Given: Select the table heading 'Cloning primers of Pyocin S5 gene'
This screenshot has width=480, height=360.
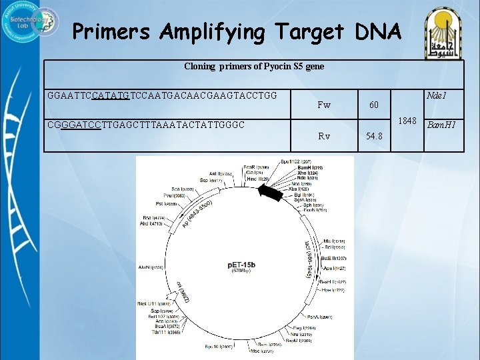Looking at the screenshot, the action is [x=253, y=67].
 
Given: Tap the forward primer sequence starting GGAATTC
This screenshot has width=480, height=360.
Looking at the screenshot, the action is [x=162, y=96].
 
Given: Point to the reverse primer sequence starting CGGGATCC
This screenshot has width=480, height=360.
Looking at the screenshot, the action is [x=145, y=125].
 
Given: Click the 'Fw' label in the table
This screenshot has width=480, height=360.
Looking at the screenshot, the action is [x=324, y=105].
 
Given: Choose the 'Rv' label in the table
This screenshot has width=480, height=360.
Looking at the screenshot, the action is [x=324, y=136].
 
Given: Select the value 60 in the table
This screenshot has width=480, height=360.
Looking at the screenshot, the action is [x=373, y=105].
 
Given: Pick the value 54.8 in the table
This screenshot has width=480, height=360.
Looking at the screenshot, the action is [x=374, y=136].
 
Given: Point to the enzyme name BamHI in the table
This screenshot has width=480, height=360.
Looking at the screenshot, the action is [x=441, y=125].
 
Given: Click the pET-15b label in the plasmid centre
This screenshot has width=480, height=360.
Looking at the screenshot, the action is [x=241, y=265].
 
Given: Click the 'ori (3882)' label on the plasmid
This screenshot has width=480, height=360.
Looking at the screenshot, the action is [x=184, y=292].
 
